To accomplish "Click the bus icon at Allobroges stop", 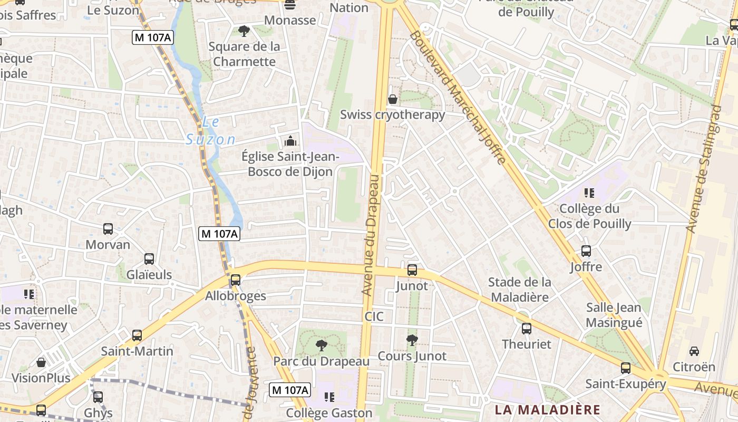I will pyautogui.click(x=236, y=280).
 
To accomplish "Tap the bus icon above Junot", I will pyautogui.click(x=412, y=270).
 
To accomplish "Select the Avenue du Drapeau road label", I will pyautogui.click(x=372, y=235).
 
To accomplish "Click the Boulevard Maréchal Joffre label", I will pyautogui.click(x=458, y=98).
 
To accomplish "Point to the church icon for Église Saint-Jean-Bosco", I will pyautogui.click(x=290, y=141).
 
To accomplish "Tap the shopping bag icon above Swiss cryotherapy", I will pyautogui.click(x=393, y=99).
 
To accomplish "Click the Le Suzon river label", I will pyautogui.click(x=210, y=131).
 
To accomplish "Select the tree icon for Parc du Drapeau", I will pyautogui.click(x=321, y=346).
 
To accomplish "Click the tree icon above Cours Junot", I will pyautogui.click(x=412, y=340).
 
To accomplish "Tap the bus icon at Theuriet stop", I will pyautogui.click(x=526, y=329).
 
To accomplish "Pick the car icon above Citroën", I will pyautogui.click(x=694, y=351).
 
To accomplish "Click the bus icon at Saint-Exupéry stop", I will pyautogui.click(x=626, y=368).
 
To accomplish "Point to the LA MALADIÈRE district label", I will pyautogui.click(x=547, y=410).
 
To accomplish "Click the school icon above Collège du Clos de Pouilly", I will pyautogui.click(x=589, y=193).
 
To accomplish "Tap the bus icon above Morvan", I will pyautogui.click(x=108, y=229).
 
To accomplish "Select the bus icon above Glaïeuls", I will pyautogui.click(x=149, y=259).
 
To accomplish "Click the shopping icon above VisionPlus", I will pyautogui.click(x=41, y=362).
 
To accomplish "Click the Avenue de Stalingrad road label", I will pyautogui.click(x=704, y=169).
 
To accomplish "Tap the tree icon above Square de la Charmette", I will pyautogui.click(x=244, y=31).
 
